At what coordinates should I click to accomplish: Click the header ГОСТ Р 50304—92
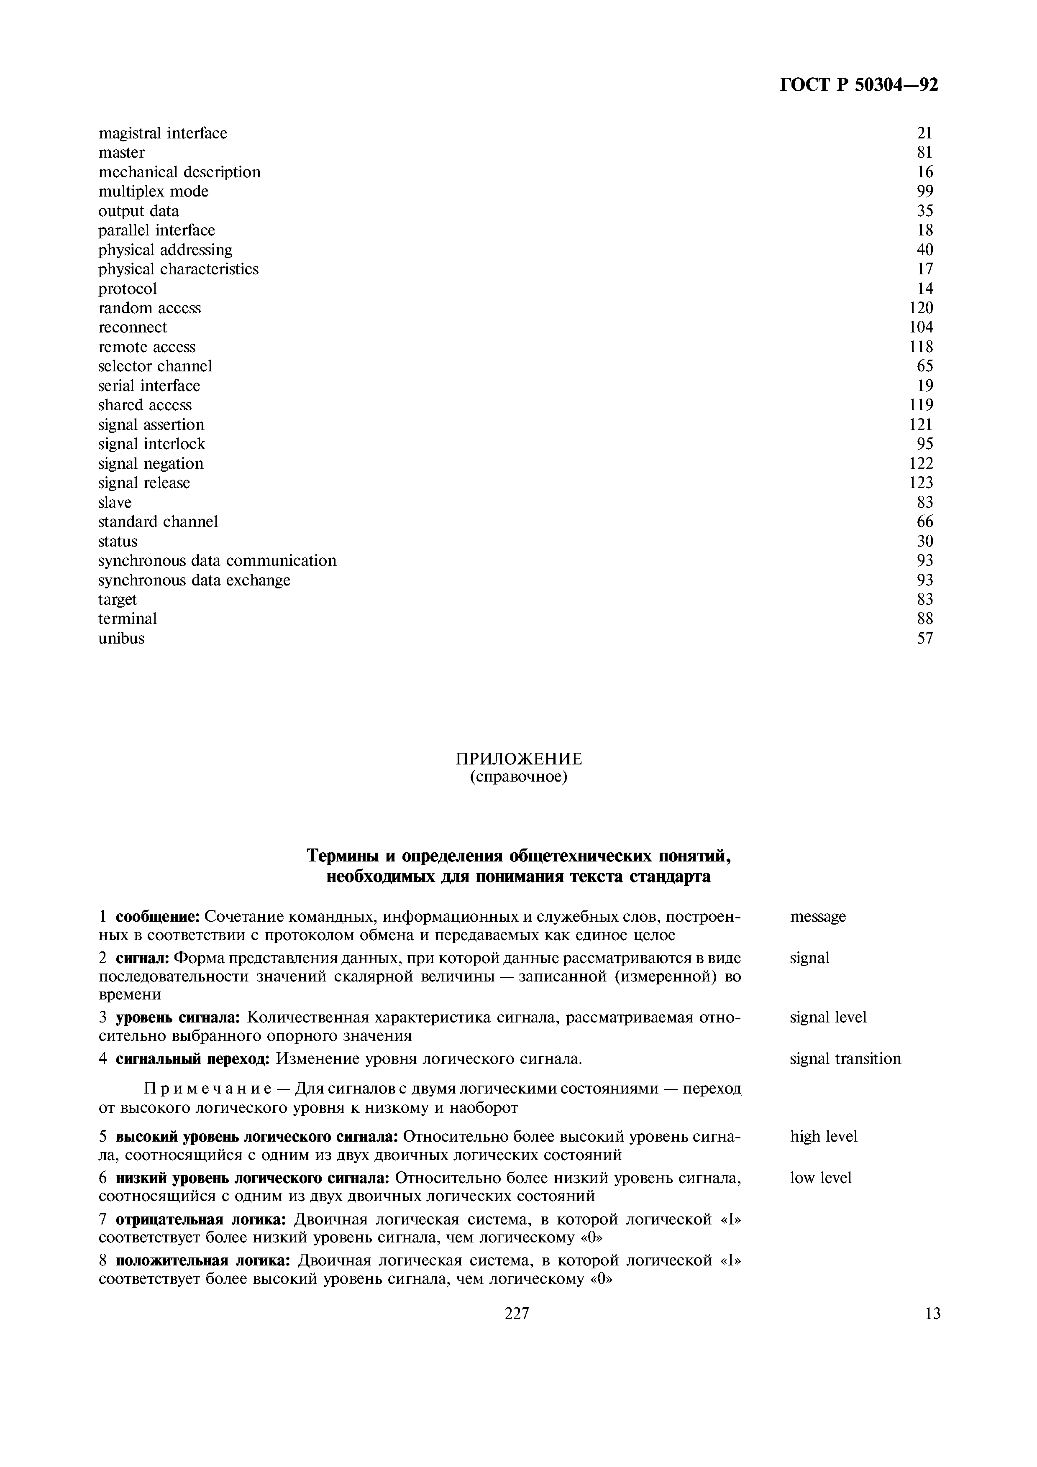(859, 85)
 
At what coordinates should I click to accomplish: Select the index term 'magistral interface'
(162, 133)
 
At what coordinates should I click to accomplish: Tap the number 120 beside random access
(921, 308)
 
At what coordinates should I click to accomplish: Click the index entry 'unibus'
(121, 638)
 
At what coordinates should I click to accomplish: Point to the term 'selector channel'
(155, 366)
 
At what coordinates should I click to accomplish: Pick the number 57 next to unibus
(924, 638)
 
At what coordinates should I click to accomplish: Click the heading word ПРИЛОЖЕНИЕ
(518, 759)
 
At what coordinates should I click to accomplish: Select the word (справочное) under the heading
(518, 777)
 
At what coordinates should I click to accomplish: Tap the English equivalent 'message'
(817, 917)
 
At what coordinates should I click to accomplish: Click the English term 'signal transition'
(845, 1059)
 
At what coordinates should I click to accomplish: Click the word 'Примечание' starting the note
(208, 1088)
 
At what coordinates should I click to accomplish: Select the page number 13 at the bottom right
(932, 1313)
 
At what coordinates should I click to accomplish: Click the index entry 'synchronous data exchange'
(194, 580)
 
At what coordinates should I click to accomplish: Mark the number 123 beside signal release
(921, 483)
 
